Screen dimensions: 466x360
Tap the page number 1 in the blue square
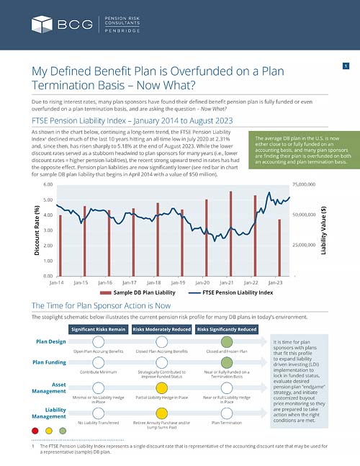[x=346, y=67]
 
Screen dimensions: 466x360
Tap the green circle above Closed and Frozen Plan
[x=227, y=341]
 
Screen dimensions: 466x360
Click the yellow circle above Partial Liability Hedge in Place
[x=162, y=387]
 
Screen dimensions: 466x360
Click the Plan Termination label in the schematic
[x=227, y=423]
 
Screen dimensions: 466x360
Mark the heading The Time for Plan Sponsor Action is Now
[x=101, y=305]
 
